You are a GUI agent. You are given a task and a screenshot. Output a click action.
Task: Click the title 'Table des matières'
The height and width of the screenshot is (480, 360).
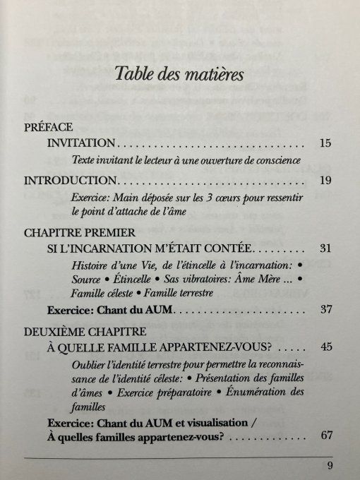point(179,73)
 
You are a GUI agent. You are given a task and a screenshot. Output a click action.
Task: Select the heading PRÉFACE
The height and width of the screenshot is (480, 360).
point(48,128)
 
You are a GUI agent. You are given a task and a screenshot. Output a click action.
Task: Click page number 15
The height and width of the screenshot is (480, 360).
point(325,143)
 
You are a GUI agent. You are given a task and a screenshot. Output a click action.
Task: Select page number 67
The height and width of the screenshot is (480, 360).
point(325,435)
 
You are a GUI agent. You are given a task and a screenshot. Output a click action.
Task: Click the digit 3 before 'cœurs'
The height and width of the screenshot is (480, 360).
point(212,198)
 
